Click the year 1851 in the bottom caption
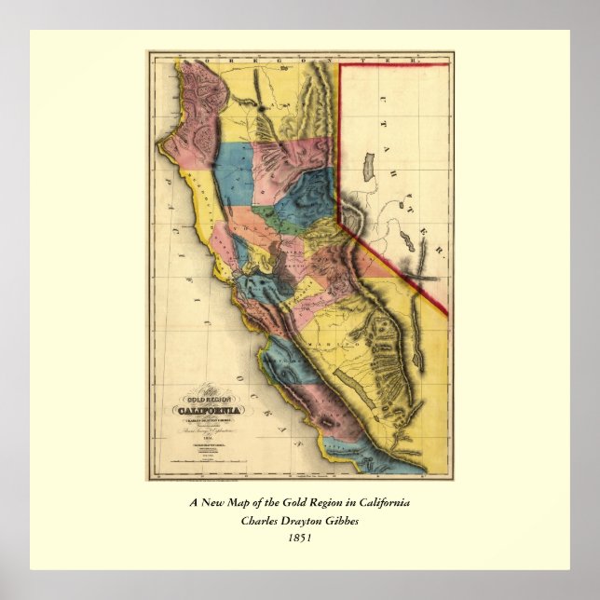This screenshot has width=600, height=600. pyautogui.click(x=299, y=536)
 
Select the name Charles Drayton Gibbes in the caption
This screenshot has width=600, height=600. pyautogui.click(x=299, y=520)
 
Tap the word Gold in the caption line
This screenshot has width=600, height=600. pyautogui.click(x=309, y=503)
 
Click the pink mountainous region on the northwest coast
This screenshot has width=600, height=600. pyautogui.click(x=191, y=107)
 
